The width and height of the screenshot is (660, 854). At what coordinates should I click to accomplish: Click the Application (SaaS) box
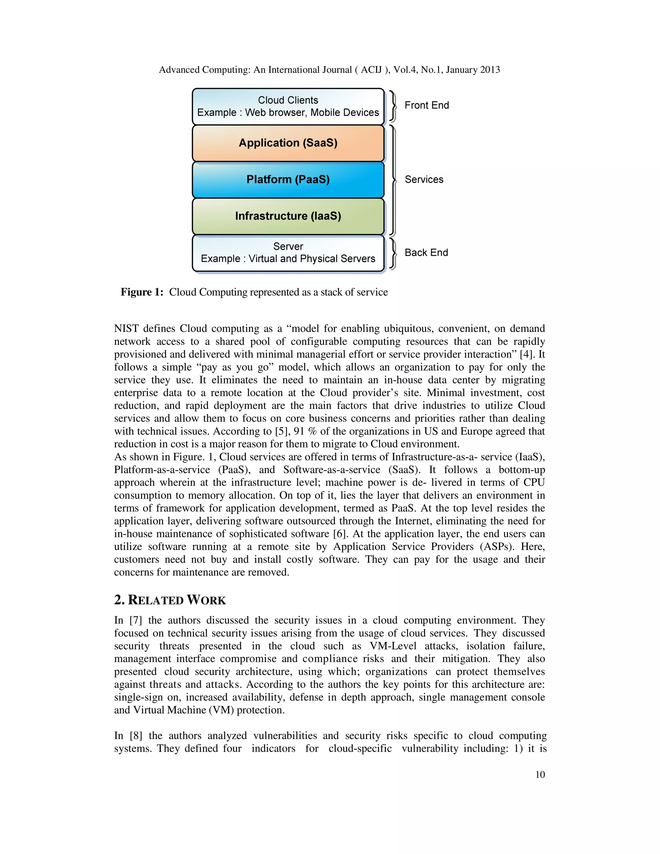click(x=288, y=143)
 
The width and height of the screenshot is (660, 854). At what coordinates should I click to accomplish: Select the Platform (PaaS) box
click(x=288, y=180)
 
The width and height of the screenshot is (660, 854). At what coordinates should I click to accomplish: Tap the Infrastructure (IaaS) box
click(x=288, y=216)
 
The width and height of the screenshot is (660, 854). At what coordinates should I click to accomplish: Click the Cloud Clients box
click(x=288, y=106)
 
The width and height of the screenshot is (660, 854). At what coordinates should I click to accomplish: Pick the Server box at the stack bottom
click(x=288, y=253)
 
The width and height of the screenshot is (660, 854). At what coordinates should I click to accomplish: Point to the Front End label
click(x=427, y=105)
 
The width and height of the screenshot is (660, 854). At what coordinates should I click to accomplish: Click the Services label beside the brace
click(x=424, y=180)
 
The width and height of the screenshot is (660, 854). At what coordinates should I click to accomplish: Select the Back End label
click(x=426, y=253)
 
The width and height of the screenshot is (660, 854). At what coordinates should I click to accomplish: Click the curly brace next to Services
click(x=393, y=180)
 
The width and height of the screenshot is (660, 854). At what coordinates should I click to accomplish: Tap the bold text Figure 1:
click(x=142, y=292)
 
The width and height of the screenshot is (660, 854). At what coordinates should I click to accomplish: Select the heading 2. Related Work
click(x=170, y=600)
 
